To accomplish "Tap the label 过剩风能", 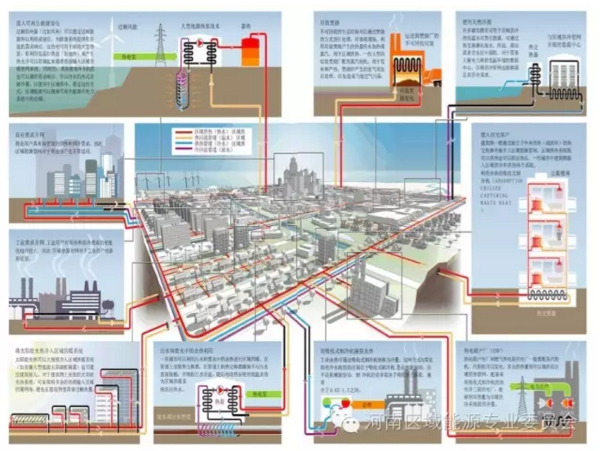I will [135, 24].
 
